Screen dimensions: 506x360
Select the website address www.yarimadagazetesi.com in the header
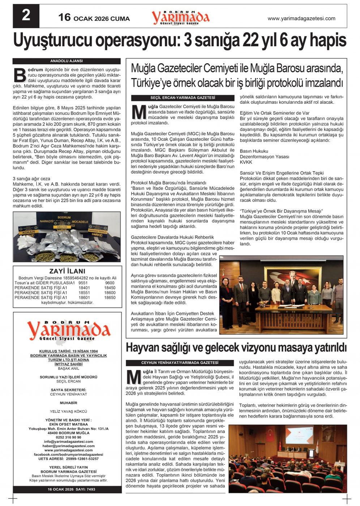pos(301,18)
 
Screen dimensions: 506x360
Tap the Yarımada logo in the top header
pos(180,17)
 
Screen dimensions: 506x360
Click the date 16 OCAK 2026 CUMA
pos(94,18)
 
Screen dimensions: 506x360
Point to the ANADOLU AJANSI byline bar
pos(67,61)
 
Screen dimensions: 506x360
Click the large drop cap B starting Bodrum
pos(20,75)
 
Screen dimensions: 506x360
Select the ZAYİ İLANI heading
pos(67,271)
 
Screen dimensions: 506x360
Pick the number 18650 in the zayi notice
pos(110,298)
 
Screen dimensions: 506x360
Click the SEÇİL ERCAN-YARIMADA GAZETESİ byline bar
pos(183,98)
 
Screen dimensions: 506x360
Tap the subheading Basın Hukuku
pos(254,151)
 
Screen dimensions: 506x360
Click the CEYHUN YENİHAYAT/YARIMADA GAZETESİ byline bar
pos(180,363)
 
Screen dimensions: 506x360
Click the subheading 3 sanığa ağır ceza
pos(31,179)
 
